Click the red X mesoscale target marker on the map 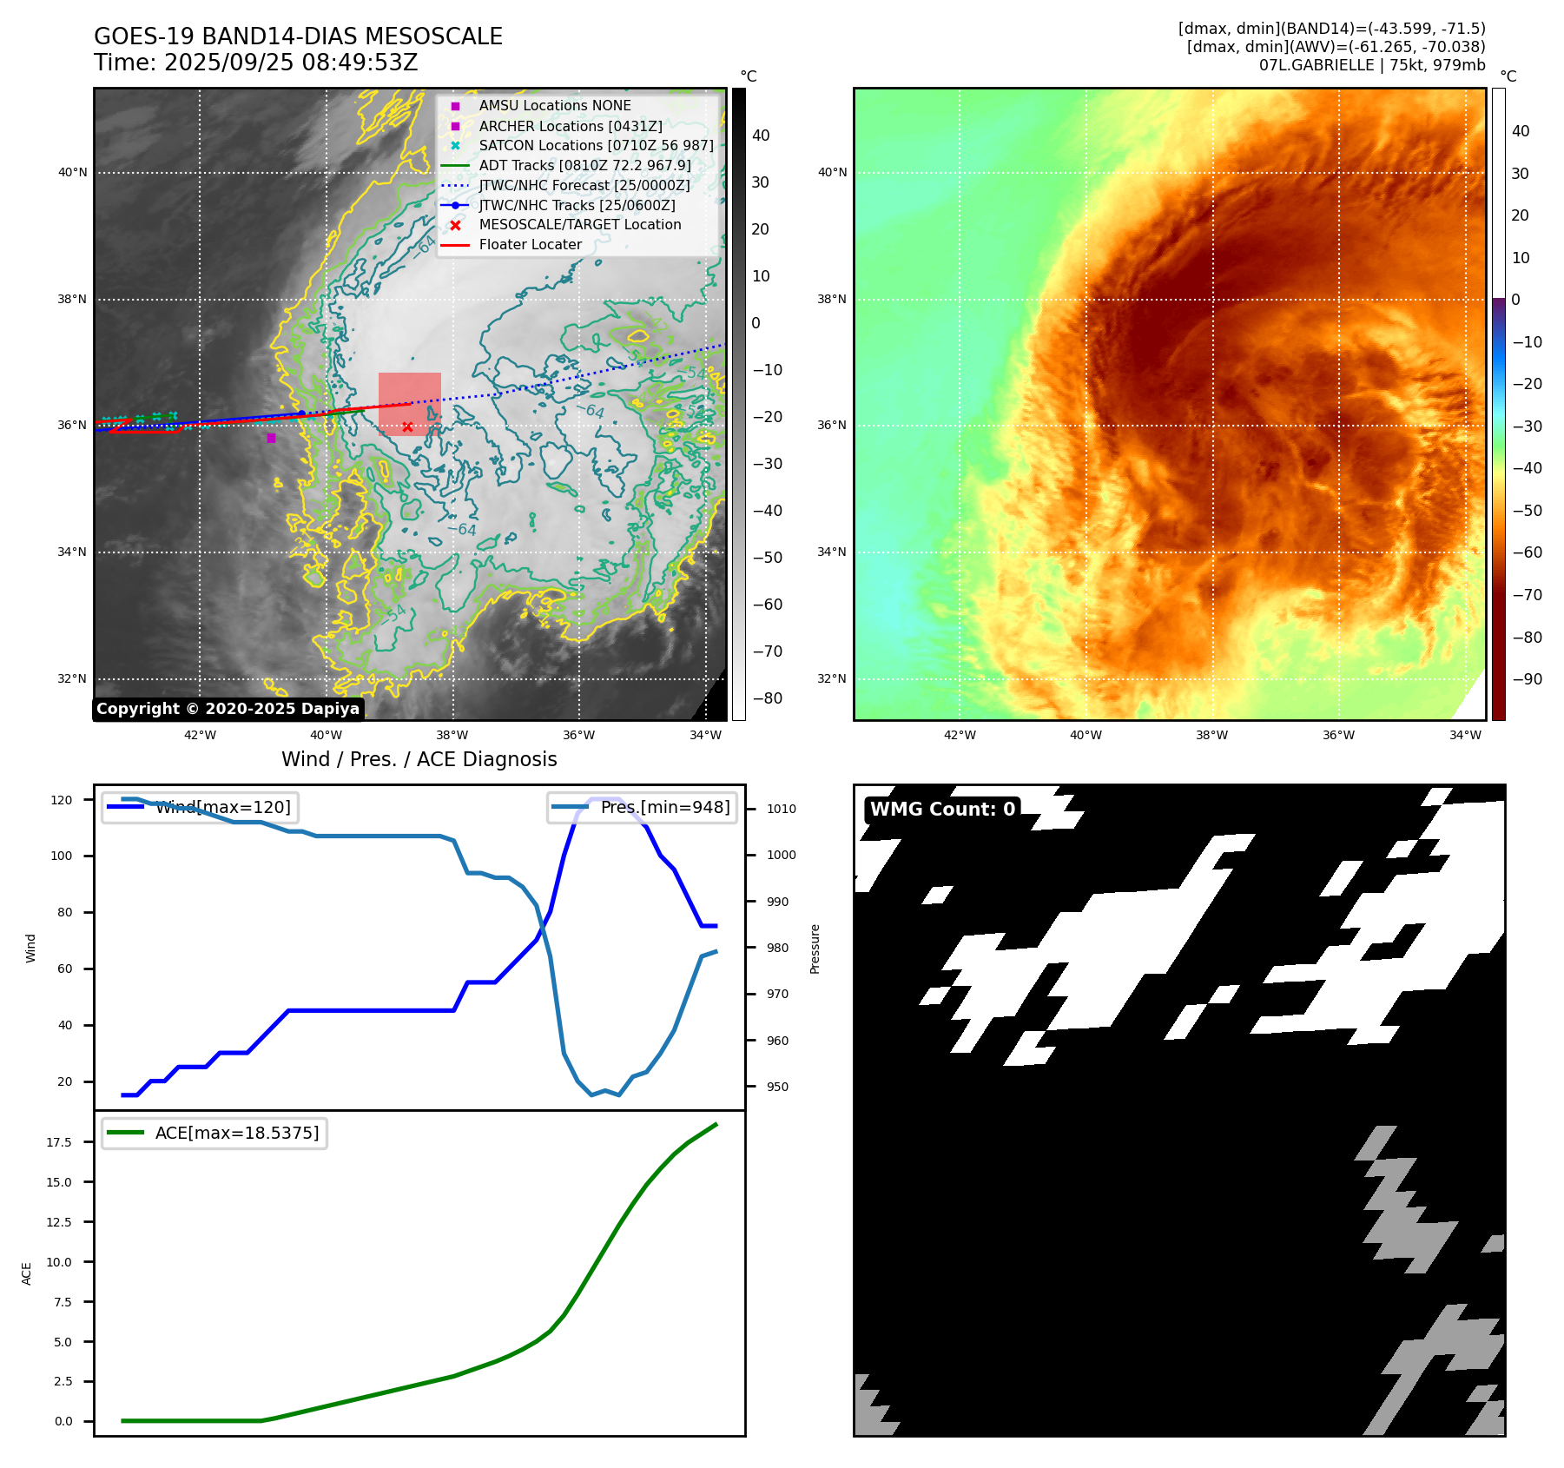[x=407, y=427]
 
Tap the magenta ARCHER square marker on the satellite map [x=272, y=438]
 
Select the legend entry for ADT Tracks [x=584, y=165]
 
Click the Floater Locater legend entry [x=530, y=244]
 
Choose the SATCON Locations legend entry [x=596, y=145]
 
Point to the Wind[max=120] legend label [x=223, y=807]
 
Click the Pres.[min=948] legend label [x=665, y=807]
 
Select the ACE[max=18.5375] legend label [x=237, y=1133]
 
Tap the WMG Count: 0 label [x=942, y=809]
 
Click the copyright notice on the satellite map [x=228, y=709]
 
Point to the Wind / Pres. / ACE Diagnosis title [x=419, y=759]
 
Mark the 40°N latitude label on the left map [x=73, y=172]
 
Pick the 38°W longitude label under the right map [x=1211, y=735]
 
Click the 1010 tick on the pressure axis [x=781, y=809]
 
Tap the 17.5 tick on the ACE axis [x=59, y=1141]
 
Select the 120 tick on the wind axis [x=62, y=799]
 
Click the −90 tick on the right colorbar [x=1527, y=679]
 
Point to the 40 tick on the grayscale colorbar [x=761, y=136]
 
